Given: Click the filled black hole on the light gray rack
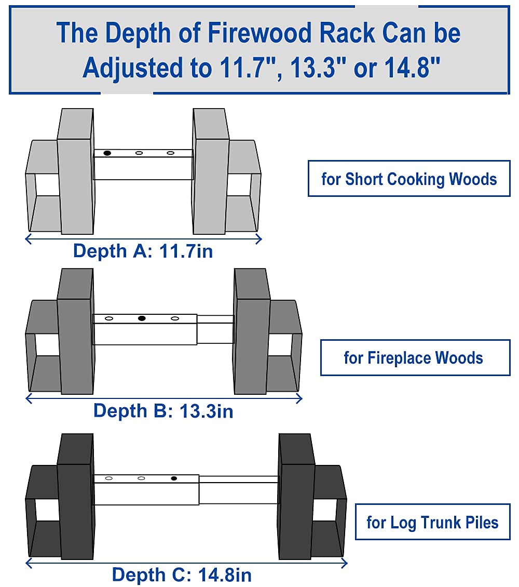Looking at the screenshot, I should [x=107, y=153].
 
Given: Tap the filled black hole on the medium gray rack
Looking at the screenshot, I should [x=142, y=318].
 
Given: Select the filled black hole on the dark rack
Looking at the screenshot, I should [x=174, y=478].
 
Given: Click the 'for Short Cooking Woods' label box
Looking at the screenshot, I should [x=409, y=179].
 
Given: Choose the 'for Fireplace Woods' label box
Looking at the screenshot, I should [x=415, y=357].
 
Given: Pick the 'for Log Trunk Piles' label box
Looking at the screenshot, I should [x=432, y=522].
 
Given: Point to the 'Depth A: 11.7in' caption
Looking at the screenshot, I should [x=143, y=251].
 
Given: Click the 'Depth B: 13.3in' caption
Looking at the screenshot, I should [x=163, y=411].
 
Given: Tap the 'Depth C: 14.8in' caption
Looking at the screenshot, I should [x=182, y=575].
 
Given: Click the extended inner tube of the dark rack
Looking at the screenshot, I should [x=238, y=489].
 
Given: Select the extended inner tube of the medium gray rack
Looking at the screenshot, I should [x=215, y=329].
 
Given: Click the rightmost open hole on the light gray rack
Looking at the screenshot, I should [x=170, y=153].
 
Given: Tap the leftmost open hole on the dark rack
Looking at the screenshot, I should [x=109, y=478].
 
